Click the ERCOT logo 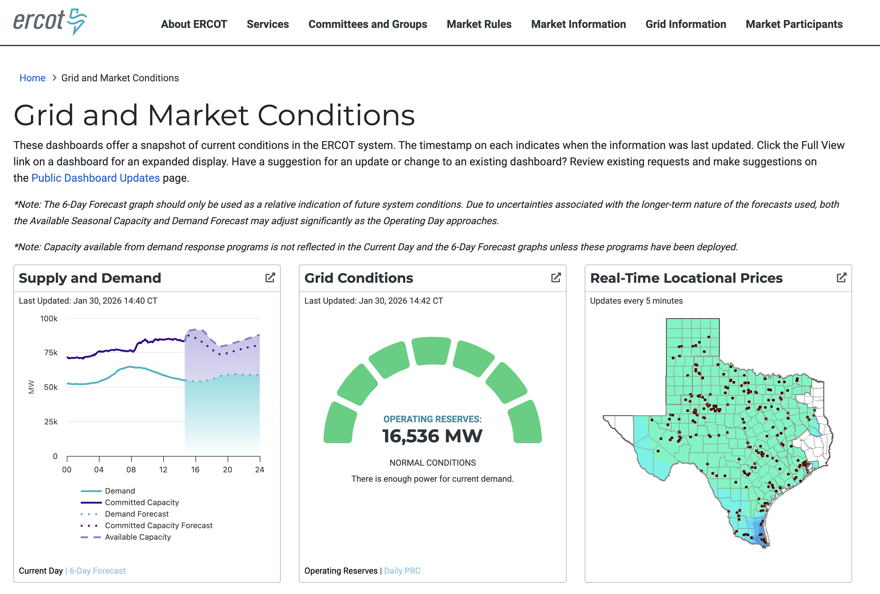click(x=50, y=22)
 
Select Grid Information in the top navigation click(x=685, y=24)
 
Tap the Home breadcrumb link click(x=32, y=78)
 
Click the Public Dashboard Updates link click(x=95, y=178)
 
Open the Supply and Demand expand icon click(x=270, y=278)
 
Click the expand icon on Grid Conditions click(x=556, y=278)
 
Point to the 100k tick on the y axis click(x=49, y=319)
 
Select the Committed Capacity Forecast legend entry click(x=158, y=525)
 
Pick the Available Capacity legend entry click(x=137, y=537)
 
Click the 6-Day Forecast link click(x=97, y=571)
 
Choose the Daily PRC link click(x=402, y=571)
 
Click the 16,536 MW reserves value click(x=432, y=436)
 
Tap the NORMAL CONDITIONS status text click(x=432, y=463)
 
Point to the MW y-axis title click(x=32, y=387)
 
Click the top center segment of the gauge click(x=431, y=351)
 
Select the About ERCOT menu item click(x=194, y=24)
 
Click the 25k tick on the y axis click(x=51, y=422)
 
